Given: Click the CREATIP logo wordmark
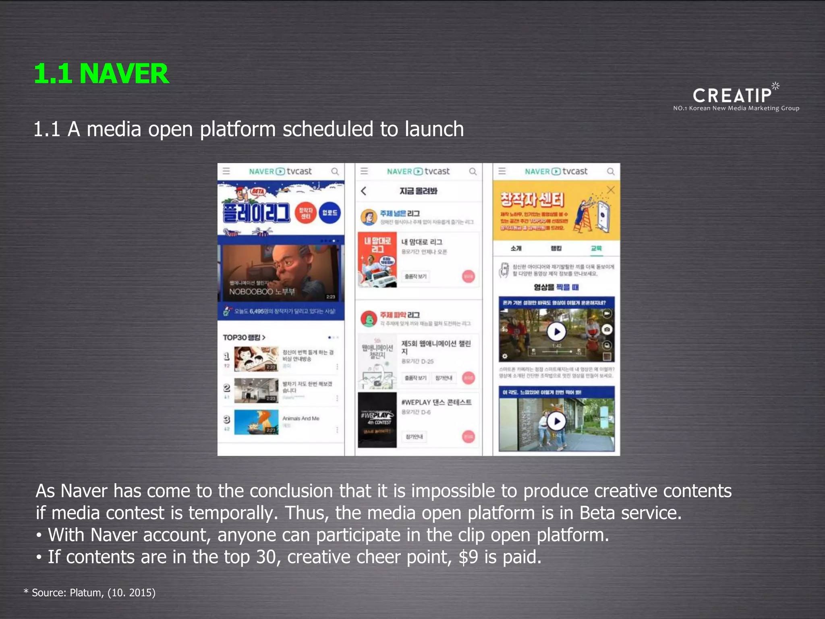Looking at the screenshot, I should point(732,96).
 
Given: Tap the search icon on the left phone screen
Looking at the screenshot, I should point(335,172).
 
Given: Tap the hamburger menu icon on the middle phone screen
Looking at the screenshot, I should point(364,171).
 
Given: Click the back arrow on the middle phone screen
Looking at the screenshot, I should point(364,191).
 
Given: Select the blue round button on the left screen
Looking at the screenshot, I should point(330,213).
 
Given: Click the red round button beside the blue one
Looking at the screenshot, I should point(306,213).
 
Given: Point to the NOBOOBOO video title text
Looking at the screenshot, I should point(262,291).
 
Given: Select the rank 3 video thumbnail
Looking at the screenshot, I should point(256,422).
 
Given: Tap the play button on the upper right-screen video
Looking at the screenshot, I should point(557,332).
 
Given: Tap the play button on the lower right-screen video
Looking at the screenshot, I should point(557,421).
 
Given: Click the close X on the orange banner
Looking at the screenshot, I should point(611,190).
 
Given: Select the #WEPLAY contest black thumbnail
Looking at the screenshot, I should point(377,420).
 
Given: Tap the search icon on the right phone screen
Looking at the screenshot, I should point(611,172).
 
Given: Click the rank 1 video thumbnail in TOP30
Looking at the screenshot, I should point(256,359).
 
